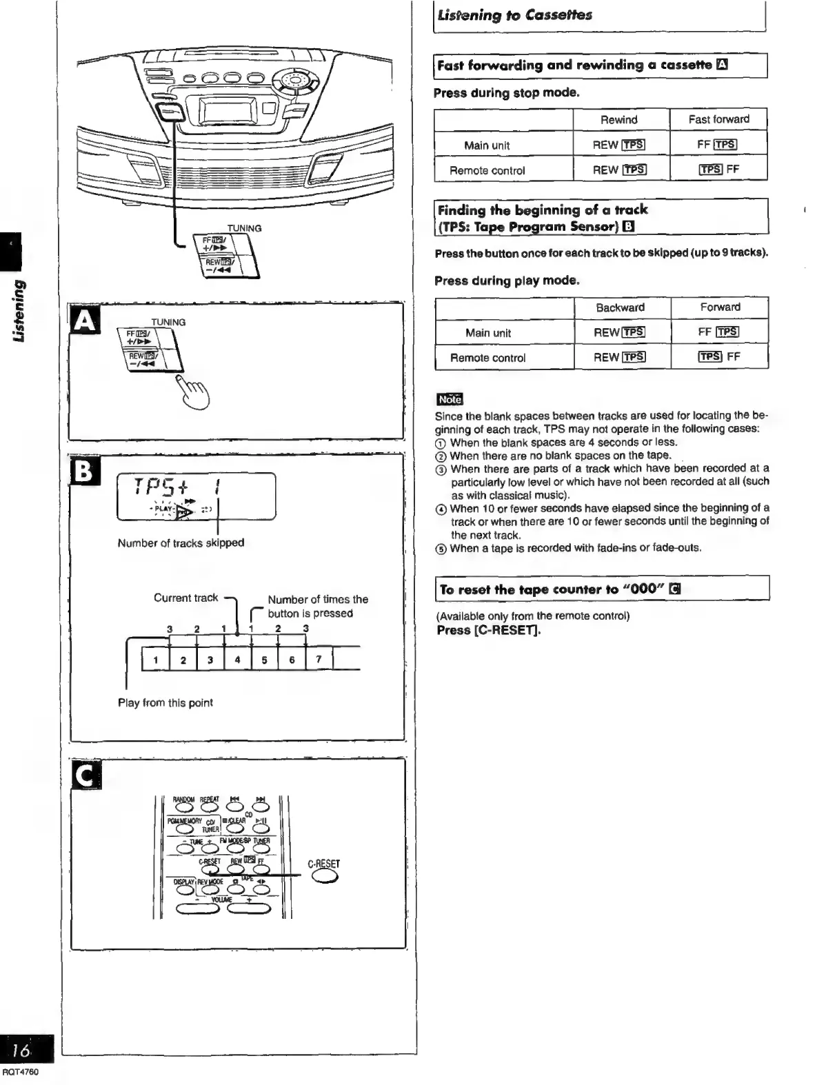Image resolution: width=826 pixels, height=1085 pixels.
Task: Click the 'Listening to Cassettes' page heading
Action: click(514, 15)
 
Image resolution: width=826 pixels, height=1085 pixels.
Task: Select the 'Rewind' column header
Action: click(618, 120)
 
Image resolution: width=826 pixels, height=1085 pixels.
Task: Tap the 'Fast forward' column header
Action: click(718, 119)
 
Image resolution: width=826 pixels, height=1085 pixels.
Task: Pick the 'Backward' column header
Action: click(620, 307)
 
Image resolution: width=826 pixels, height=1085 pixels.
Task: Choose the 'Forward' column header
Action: click(720, 307)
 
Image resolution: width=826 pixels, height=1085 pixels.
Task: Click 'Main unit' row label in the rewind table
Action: click(487, 145)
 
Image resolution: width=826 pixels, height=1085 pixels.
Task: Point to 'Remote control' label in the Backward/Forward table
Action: click(487, 358)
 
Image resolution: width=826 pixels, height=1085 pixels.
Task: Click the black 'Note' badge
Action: click(450, 399)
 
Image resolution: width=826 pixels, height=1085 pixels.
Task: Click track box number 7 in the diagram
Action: click(319, 659)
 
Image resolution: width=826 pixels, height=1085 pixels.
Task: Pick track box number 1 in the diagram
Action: click(156, 660)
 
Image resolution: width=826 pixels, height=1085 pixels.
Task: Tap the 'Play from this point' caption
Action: click(165, 702)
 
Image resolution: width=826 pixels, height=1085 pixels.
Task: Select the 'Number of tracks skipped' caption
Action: click(181, 542)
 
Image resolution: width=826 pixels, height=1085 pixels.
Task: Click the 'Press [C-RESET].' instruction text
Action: click(488, 630)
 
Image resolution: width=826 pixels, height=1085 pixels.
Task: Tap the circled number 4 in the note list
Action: click(441, 509)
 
